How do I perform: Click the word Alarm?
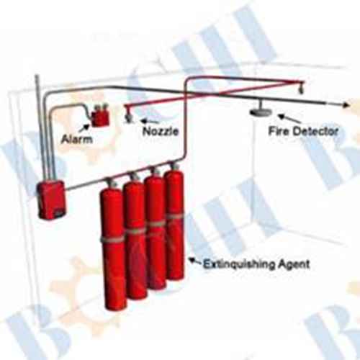[x=77, y=139]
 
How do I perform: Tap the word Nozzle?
[x=161, y=131]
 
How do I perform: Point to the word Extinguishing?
[x=239, y=264]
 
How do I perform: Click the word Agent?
[x=294, y=264]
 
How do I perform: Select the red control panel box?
[x=51, y=200]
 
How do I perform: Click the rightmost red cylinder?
[x=175, y=225]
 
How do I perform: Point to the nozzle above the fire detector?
[x=300, y=89]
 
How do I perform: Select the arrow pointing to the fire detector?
[x=289, y=118]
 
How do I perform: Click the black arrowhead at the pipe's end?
[x=346, y=105]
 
